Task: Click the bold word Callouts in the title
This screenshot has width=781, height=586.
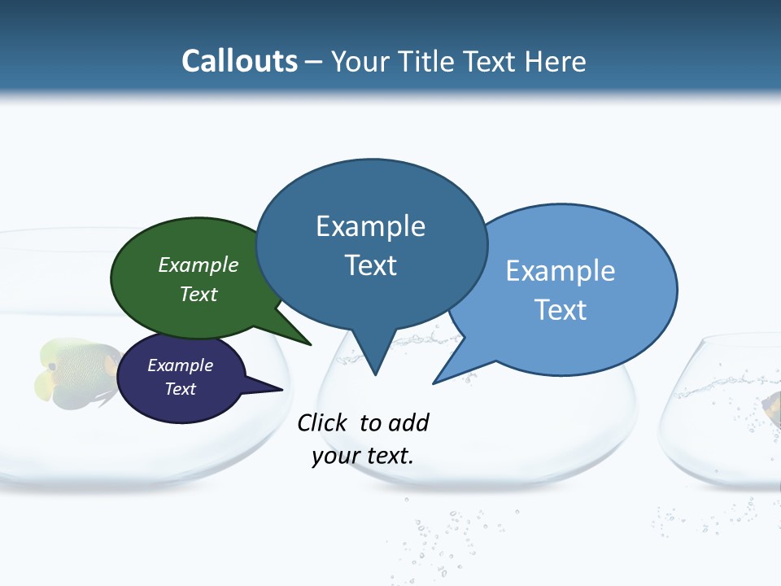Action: click(x=239, y=61)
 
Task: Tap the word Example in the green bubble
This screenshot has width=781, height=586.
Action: click(x=199, y=265)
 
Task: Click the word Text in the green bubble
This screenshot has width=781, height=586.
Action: click(x=199, y=294)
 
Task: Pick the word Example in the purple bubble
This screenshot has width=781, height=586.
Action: click(x=181, y=365)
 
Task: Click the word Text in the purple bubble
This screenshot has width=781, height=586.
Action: click(x=181, y=389)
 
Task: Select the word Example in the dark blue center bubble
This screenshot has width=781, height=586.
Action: click(x=370, y=226)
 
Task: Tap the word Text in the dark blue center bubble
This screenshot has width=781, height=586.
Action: click(x=370, y=265)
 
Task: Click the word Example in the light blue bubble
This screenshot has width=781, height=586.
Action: click(x=561, y=271)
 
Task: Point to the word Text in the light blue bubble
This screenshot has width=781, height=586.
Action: click(x=561, y=310)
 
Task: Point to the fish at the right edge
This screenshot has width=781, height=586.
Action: click(x=771, y=407)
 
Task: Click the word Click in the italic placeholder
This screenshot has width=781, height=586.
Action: click(x=323, y=422)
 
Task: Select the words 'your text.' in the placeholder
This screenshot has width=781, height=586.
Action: click(x=362, y=456)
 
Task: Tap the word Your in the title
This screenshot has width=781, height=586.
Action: click(x=361, y=61)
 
